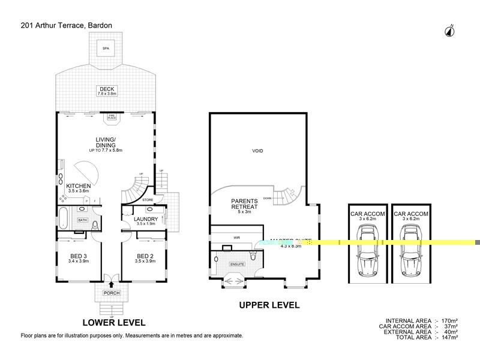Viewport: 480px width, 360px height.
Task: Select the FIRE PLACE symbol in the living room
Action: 112,118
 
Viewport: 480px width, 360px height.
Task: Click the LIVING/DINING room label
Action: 105,145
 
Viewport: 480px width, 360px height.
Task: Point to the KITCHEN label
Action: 78,185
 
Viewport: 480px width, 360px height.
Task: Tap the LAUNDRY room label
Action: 145,219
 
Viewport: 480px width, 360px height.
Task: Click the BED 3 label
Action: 79,258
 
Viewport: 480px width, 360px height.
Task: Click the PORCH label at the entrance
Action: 112,293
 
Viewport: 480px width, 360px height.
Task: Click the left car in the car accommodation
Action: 365,255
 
